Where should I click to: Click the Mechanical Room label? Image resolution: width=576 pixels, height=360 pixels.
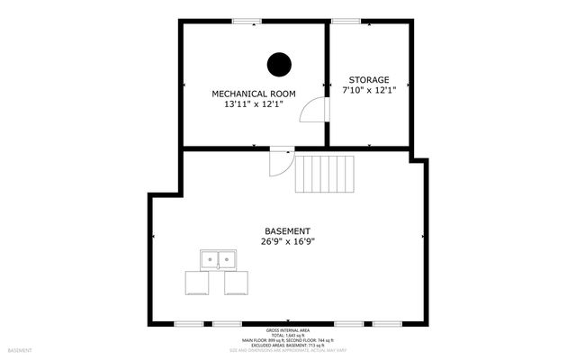(253, 94)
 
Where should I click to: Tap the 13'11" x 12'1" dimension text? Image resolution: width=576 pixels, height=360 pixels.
(253, 104)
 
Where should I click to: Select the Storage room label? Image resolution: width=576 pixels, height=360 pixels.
(369, 79)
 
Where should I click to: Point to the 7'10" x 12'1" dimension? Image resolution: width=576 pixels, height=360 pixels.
(369, 90)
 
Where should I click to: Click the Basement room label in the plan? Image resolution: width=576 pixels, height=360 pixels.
(287, 230)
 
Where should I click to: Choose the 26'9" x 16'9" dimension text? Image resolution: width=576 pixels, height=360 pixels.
(287, 241)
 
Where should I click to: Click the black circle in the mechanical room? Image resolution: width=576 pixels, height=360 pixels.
(279, 65)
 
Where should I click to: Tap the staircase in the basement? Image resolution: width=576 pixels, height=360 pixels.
(326, 173)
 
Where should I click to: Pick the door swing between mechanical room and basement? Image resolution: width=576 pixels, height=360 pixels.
(280, 163)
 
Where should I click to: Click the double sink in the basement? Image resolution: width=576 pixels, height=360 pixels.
(217, 260)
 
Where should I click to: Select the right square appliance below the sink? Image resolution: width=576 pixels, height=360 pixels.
(236, 283)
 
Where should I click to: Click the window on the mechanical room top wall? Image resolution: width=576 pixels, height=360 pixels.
(246, 21)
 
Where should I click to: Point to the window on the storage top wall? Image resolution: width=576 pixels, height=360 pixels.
(346, 21)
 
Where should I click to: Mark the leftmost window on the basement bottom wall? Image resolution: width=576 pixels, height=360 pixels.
(188, 323)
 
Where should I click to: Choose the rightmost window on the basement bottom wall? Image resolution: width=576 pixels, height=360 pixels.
(387, 323)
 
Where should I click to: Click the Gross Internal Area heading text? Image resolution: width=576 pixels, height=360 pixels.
(287, 330)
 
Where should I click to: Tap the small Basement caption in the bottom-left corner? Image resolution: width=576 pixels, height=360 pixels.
(20, 350)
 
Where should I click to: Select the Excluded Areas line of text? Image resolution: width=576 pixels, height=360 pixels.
(287, 344)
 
